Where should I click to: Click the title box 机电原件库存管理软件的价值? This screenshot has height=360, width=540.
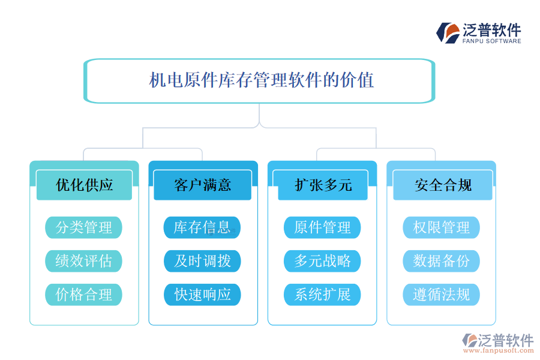259,80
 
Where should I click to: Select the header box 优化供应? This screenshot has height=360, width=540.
84,185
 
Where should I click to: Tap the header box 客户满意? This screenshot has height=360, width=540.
203,185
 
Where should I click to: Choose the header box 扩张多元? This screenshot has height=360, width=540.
323,185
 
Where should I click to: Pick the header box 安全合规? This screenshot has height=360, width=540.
442,185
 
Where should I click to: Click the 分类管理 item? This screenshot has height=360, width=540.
84,227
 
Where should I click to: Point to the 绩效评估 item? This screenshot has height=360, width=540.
84,261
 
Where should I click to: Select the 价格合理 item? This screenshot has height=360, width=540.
84,295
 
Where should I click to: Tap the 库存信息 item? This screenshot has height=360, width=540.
203,227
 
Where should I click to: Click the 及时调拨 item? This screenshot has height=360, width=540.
203,261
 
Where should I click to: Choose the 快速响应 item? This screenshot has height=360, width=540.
203,295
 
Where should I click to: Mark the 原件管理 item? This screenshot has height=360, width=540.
322,227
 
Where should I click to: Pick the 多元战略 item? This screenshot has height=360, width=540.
322,261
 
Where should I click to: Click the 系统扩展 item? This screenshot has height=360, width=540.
322,295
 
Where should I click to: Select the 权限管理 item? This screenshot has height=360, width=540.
442,227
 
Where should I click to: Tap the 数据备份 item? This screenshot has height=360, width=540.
442,261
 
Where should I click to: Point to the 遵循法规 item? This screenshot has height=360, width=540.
442,295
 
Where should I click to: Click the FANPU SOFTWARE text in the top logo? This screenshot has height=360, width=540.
492,41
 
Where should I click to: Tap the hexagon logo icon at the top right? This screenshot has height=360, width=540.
448,32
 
